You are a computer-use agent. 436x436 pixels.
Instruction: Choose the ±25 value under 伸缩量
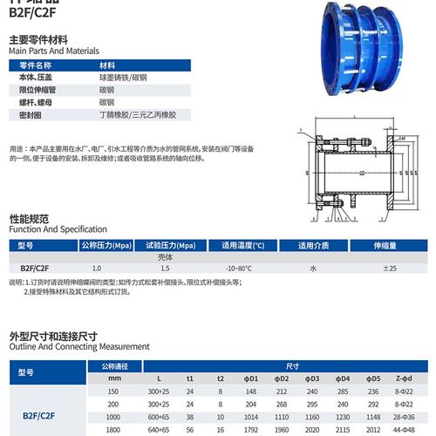click(x=389, y=269)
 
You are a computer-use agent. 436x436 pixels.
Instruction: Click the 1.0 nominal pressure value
click(x=97, y=269)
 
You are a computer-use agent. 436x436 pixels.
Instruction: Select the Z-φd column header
click(x=404, y=378)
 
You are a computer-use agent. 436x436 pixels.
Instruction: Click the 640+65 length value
click(x=159, y=430)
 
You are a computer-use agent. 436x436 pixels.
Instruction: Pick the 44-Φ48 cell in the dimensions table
click(x=404, y=430)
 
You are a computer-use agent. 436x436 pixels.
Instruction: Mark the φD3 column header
click(x=312, y=378)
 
